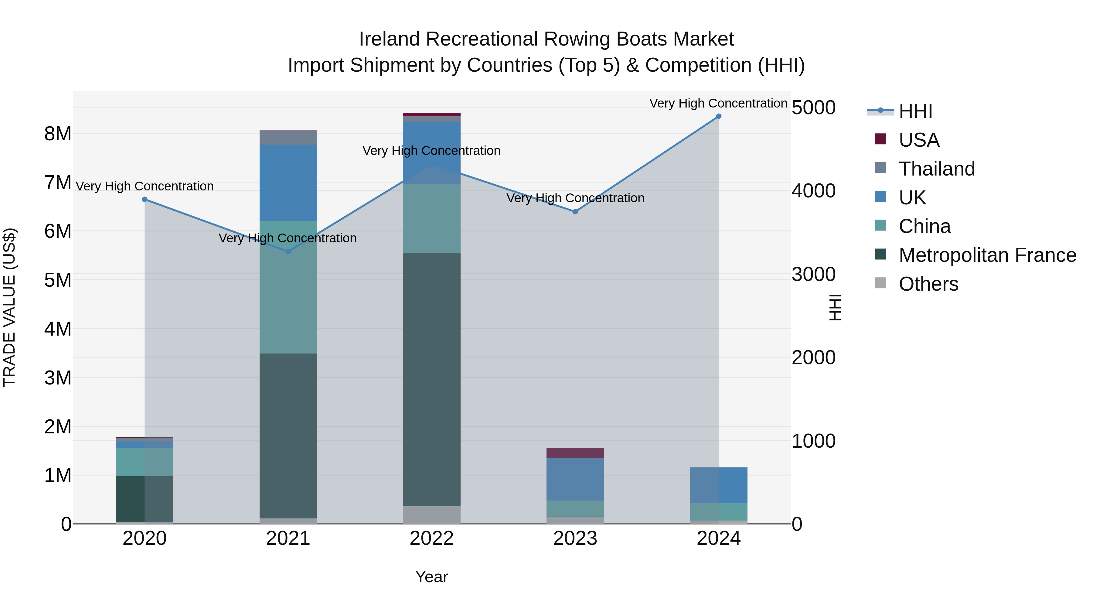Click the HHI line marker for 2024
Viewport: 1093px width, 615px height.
[719, 116]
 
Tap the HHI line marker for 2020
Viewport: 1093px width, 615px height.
[145, 200]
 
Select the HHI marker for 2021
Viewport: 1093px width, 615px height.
[288, 252]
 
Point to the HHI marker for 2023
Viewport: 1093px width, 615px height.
[575, 212]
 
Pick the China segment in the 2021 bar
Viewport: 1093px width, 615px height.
[288, 287]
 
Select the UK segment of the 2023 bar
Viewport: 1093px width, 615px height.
[575, 479]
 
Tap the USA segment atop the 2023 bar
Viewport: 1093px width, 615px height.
[575, 453]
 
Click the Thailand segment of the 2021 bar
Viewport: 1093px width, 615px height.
[288, 138]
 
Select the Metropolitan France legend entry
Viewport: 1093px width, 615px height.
[987, 255]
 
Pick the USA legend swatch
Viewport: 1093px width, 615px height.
[880, 139]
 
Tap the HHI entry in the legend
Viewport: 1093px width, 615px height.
[915, 111]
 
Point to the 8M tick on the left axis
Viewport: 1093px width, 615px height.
[58, 134]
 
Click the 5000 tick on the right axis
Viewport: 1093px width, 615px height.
[813, 108]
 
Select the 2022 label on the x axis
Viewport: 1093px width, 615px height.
[431, 538]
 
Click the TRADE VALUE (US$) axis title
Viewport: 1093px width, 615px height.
[9, 307]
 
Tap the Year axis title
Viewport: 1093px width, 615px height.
[431, 577]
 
